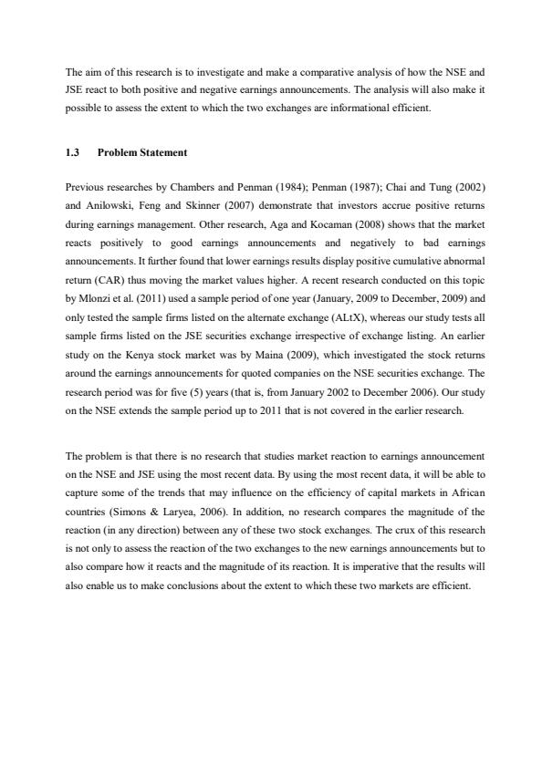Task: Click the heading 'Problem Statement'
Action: tap(142, 152)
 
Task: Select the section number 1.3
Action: tap(73, 152)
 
